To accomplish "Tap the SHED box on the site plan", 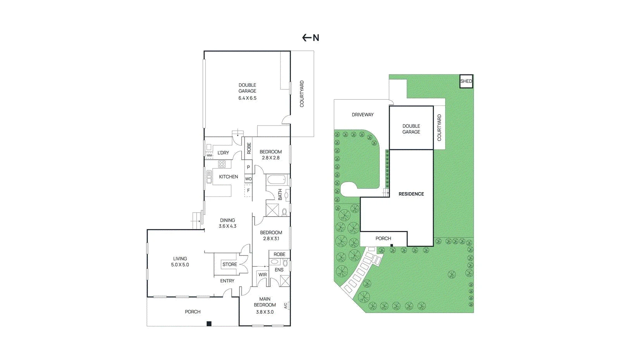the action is tap(467, 81).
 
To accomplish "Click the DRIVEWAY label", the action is tap(363, 115).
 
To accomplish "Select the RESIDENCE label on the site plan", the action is tap(411, 194).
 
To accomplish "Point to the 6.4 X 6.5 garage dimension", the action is tap(247, 98).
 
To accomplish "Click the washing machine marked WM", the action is tap(210, 155).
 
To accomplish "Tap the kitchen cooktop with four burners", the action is tap(222, 164).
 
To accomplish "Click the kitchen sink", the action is tap(209, 177).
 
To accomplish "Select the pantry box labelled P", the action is tap(248, 167).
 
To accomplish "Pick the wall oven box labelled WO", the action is tap(248, 179).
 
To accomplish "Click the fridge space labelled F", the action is tap(248, 190).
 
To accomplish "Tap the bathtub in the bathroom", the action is tap(277, 180).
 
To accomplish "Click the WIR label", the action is tap(262, 275).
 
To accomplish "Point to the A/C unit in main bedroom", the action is tap(287, 306).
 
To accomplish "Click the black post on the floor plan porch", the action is tap(209, 324).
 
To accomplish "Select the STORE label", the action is tap(230, 265).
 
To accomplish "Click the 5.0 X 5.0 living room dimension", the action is tap(180, 265).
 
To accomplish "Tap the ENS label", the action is tap(279, 270).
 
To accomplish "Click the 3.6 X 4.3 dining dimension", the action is tap(227, 226).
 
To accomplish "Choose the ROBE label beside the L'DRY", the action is tap(249, 148).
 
